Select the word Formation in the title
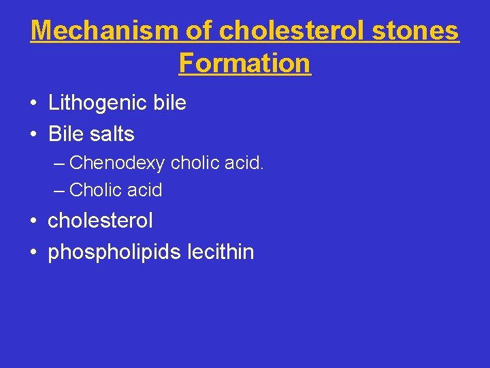245,63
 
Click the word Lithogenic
98,103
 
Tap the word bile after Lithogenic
169,103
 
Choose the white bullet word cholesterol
100,221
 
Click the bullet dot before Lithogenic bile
33,104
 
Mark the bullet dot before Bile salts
33,135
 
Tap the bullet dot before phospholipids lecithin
33,253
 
